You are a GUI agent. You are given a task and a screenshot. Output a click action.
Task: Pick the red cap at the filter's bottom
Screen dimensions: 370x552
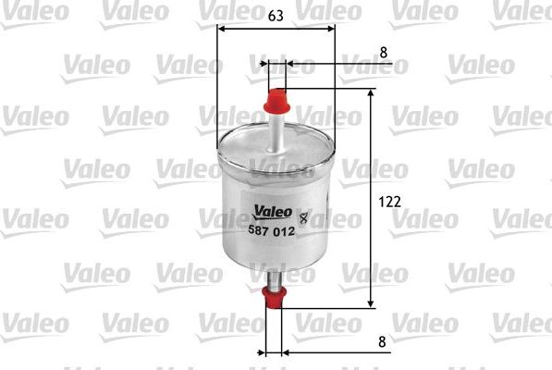tap(274, 297)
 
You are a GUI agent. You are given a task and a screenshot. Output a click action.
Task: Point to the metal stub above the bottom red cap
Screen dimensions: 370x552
tap(274, 278)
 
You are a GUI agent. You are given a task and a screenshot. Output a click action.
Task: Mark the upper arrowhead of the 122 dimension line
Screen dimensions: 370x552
tap(372, 94)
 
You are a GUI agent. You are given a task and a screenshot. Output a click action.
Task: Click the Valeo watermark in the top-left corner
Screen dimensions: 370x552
tap(34, 9)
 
